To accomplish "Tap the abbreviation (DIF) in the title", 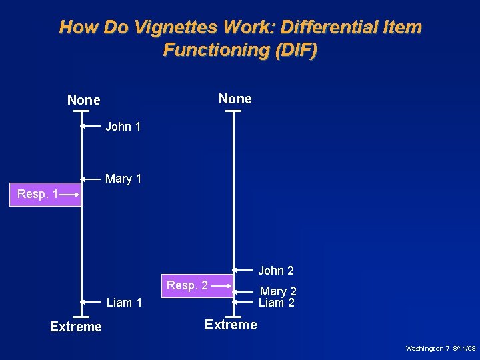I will pos(293,50).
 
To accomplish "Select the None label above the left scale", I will pos(84,100).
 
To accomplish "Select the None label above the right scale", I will pos(235,99).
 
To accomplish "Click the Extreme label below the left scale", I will pos(76,327).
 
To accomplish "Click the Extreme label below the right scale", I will pos(231,325).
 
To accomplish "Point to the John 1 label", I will pos(123,126).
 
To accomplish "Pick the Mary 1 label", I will pos(123,179).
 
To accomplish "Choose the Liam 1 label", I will pos(125,303).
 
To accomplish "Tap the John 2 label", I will pos(276,270).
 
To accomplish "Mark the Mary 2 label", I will pos(278,291).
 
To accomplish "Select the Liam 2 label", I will pos(276,303).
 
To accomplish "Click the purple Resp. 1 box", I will pos(45,194).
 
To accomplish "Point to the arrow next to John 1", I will pos(91,125).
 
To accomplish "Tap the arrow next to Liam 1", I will pos(91,302).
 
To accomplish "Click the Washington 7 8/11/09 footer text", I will pos(441,349).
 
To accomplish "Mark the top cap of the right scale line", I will pos(233,111).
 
